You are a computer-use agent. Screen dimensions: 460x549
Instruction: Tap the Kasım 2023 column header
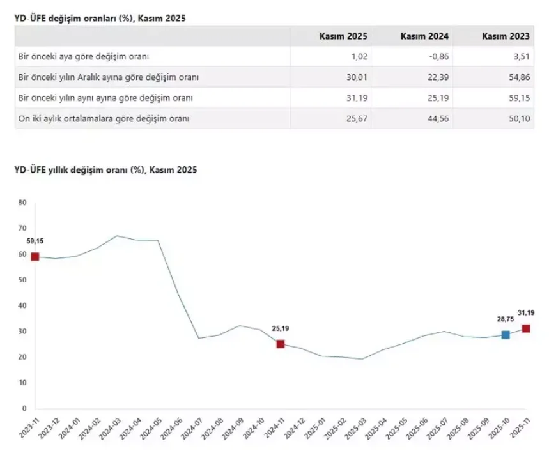[x=506, y=36]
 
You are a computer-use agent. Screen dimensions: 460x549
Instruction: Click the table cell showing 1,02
[x=359, y=57]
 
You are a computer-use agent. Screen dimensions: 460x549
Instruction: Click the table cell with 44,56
[x=438, y=118]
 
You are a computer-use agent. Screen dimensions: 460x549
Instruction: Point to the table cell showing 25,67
[x=357, y=118]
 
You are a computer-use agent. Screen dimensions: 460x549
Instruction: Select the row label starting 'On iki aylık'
[x=103, y=118]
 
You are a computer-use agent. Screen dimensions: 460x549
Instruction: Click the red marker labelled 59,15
[x=35, y=257]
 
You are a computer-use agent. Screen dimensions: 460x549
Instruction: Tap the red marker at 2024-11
[x=281, y=344]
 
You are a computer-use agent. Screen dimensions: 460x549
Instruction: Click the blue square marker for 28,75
[x=506, y=335]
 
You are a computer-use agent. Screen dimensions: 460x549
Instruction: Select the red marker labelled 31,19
[x=526, y=328]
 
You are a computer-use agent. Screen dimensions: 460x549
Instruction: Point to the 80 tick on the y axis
[x=22, y=203]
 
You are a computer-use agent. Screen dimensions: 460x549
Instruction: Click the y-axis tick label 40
[x=22, y=305]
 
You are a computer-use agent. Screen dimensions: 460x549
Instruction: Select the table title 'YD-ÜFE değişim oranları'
[x=100, y=19]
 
